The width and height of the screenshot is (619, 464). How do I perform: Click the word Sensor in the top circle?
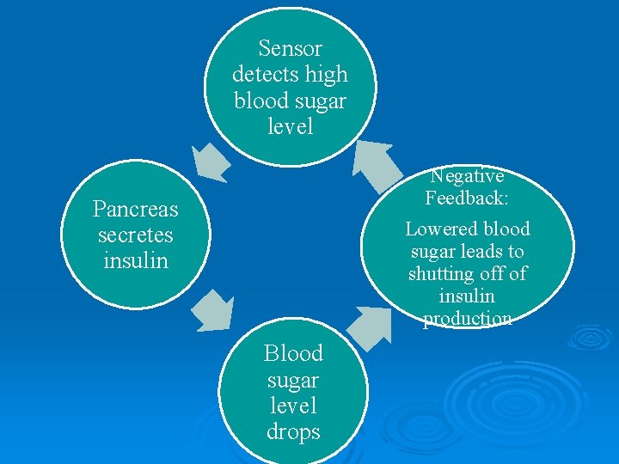pos(290,48)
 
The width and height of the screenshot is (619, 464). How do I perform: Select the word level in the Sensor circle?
pos(291,127)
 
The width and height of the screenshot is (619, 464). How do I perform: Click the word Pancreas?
pos(135,209)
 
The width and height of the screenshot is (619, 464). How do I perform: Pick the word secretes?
pos(135,235)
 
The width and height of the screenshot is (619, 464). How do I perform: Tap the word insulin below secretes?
pos(135,260)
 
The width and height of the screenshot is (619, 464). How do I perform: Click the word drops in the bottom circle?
pos(293,431)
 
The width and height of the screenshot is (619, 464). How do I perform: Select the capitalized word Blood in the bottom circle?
pos(293,353)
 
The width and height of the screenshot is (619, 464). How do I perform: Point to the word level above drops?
pos(293,406)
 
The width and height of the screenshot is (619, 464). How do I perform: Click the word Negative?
pos(467,176)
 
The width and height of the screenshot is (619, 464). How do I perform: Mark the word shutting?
pos(441,274)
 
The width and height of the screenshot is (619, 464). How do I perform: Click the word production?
pos(467,319)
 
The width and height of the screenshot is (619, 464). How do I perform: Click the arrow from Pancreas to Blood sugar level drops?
pos(211,311)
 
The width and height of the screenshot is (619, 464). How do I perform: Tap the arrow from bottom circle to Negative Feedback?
pos(369,327)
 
